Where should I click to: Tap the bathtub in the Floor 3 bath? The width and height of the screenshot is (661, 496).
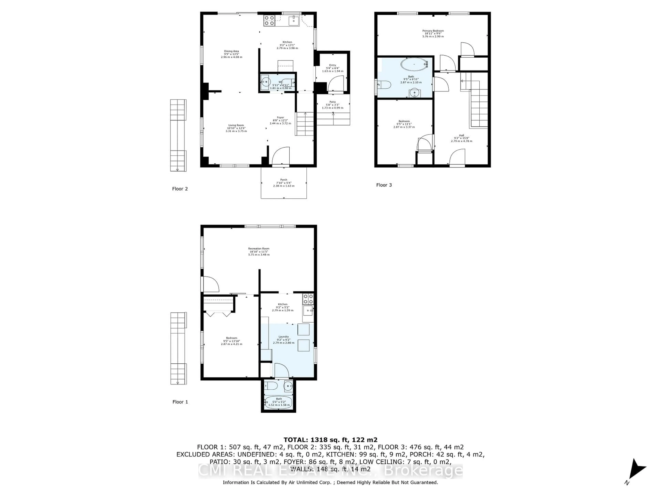(414, 64)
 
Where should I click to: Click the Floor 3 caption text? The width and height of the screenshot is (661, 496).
(384, 185)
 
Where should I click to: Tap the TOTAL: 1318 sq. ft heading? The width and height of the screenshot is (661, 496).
(330, 440)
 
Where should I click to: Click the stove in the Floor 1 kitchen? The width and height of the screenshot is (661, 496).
(308, 299)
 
